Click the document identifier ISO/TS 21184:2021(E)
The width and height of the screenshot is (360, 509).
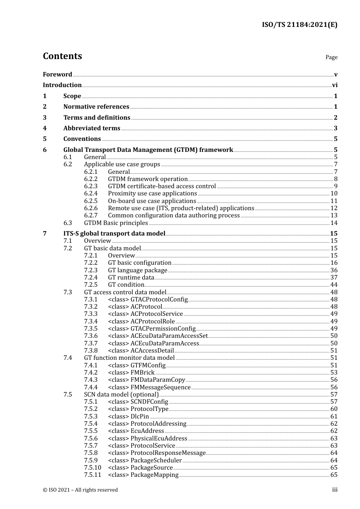299,25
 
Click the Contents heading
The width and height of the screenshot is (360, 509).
62,56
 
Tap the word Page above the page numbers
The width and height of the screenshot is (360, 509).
331,57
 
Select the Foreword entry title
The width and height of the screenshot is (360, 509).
57,75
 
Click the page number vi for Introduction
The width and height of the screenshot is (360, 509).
335,85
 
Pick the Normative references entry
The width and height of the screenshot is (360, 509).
96,107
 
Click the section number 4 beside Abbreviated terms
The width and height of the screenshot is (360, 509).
45,128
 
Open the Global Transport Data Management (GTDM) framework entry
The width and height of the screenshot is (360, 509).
148,150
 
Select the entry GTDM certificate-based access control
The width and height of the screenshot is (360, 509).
162,186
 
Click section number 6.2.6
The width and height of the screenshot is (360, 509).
91,208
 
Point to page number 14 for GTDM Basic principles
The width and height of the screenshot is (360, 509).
334,223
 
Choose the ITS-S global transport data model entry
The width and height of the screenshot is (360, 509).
114,234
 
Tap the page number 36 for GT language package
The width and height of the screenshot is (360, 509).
334,270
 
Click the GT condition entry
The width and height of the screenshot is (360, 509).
126,285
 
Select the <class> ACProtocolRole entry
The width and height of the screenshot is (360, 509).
141,322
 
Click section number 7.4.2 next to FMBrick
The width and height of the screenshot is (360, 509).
91,373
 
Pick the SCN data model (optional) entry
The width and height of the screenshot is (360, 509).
121,395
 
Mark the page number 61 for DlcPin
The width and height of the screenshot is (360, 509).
334,417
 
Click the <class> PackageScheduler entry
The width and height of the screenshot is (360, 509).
145,461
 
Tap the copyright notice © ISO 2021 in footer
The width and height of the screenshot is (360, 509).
80,490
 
